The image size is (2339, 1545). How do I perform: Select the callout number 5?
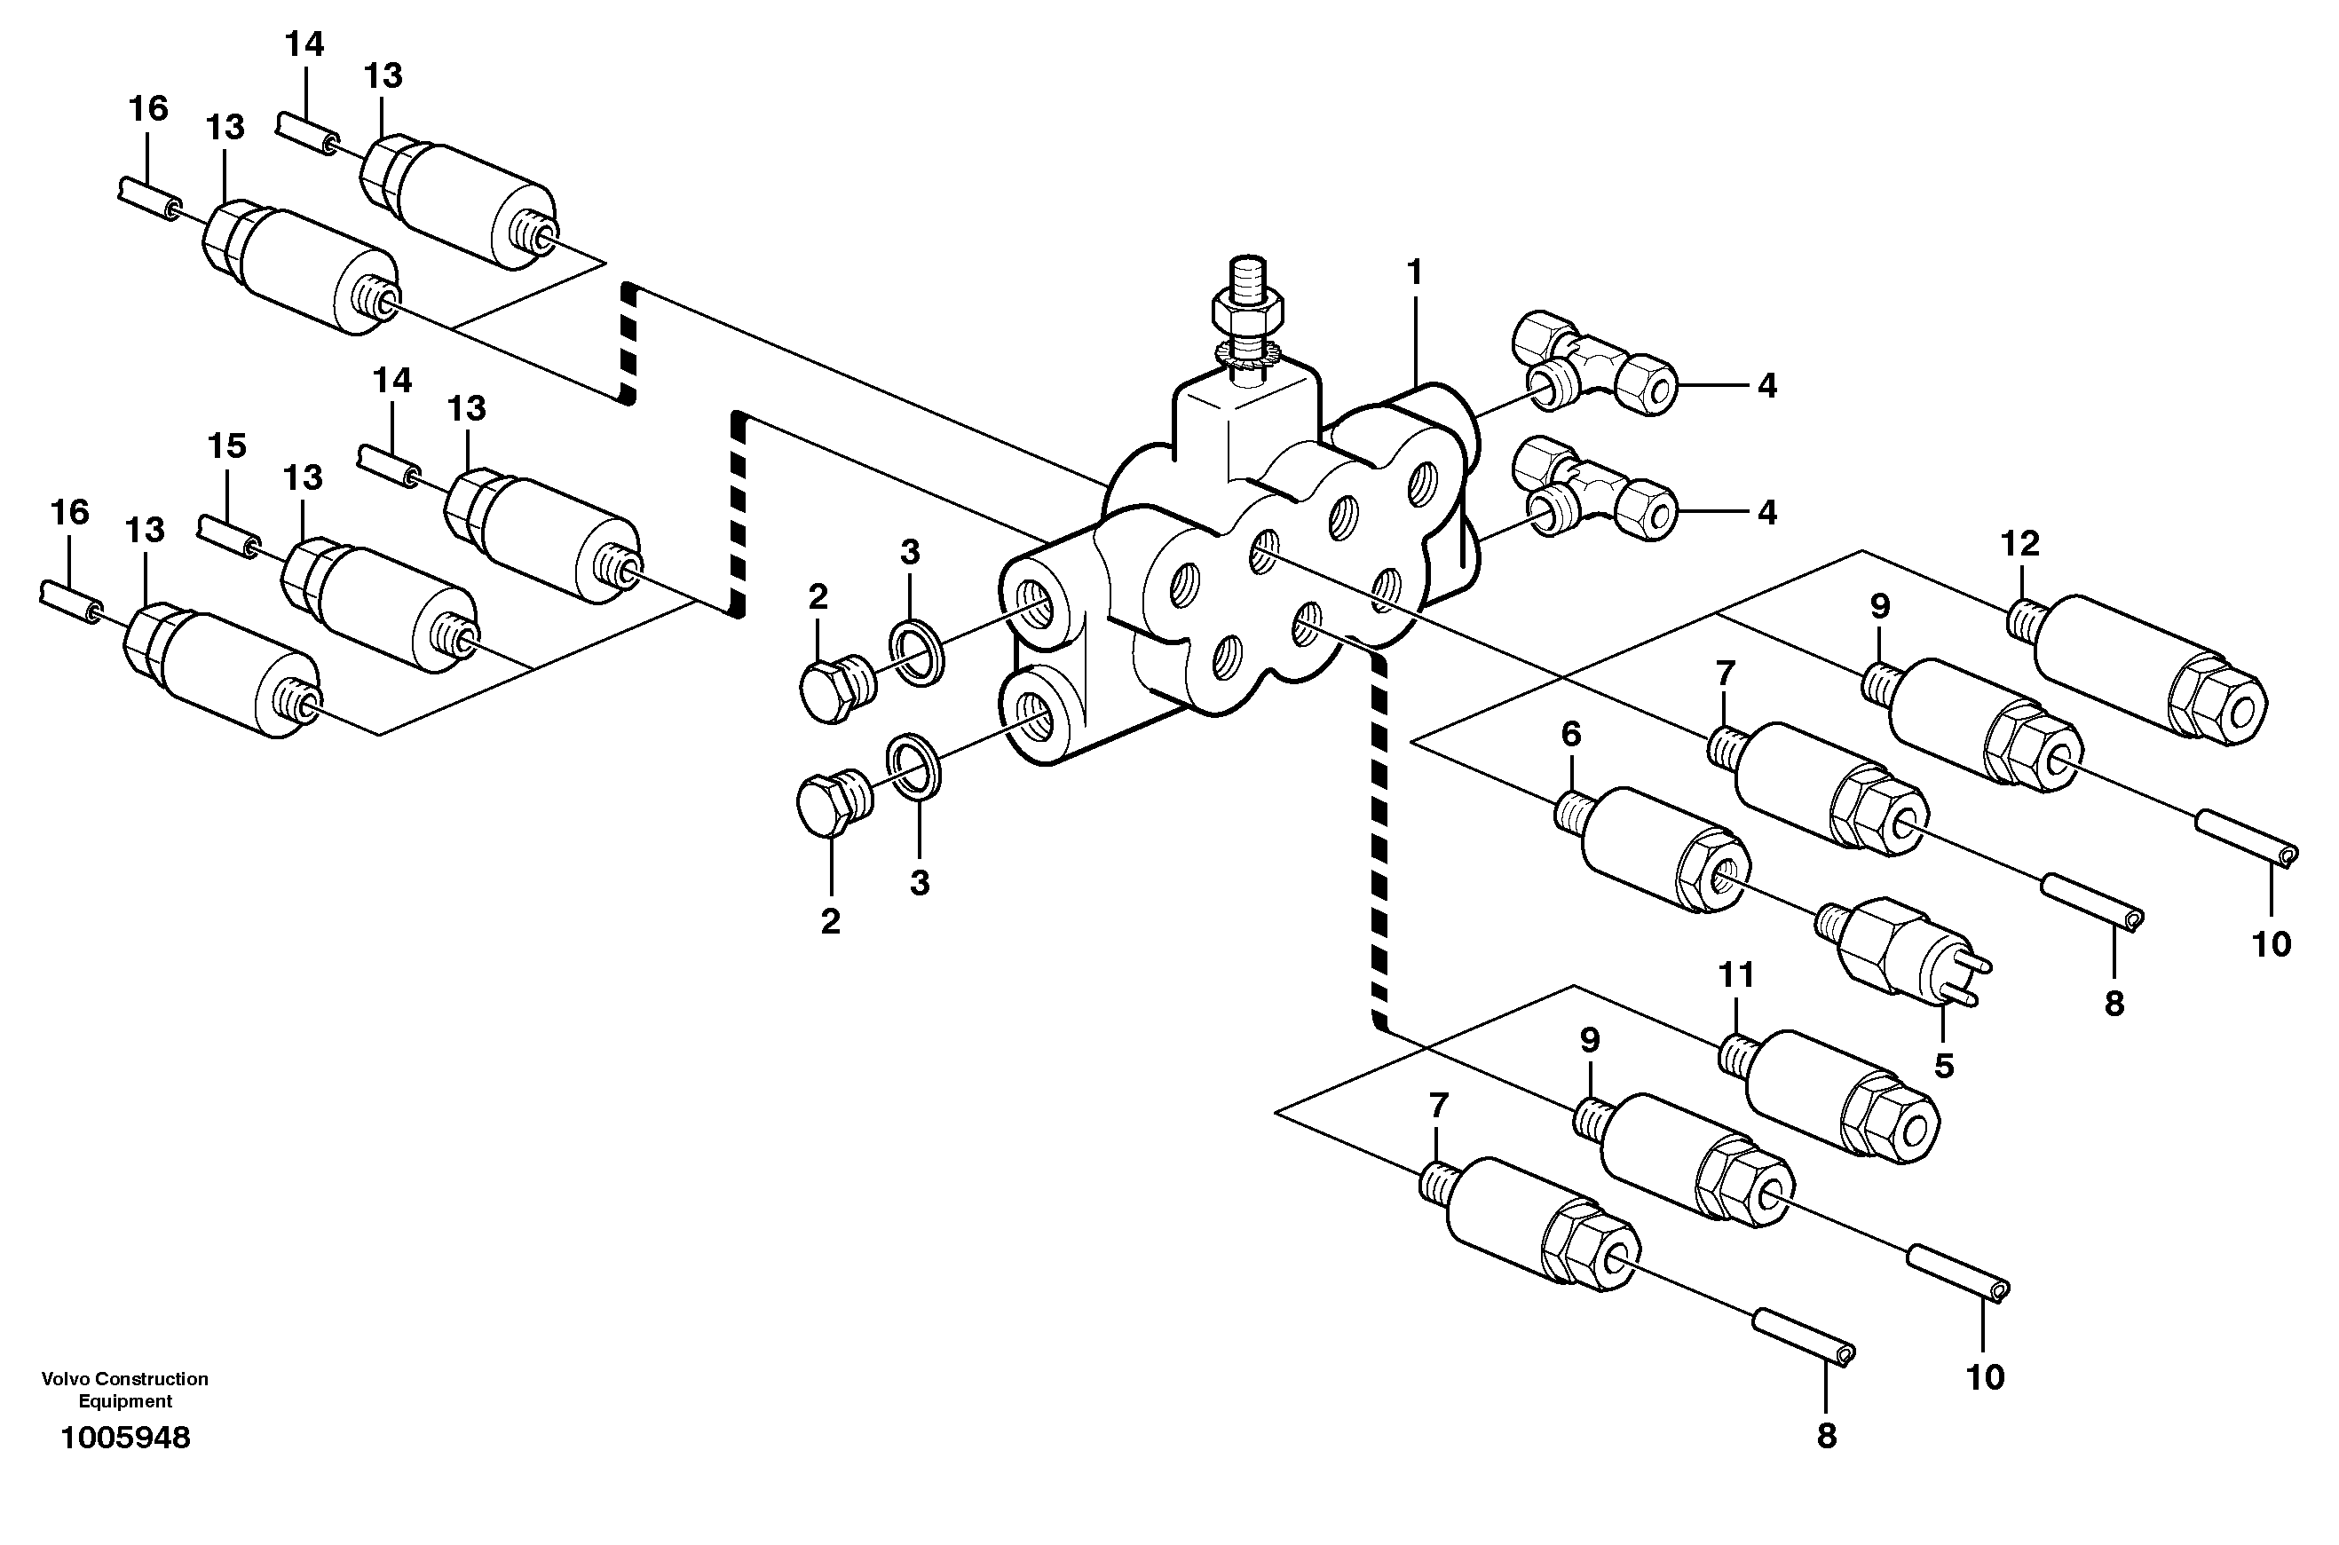(1943, 1066)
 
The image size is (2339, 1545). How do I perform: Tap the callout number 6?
(1571, 734)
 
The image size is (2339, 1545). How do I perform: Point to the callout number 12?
(2019, 544)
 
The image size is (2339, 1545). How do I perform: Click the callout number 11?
(1737, 975)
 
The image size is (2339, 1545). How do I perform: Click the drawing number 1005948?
(125, 1439)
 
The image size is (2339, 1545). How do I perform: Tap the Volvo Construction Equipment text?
(125, 1390)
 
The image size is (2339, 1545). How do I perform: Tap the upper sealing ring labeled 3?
(918, 651)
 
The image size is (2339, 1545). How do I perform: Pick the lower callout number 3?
(919, 883)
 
